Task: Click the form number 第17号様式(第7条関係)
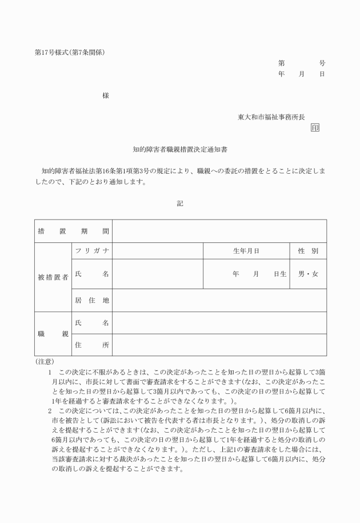pos(70,53)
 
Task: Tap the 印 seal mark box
pos(315,127)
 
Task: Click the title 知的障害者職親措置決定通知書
pos(180,150)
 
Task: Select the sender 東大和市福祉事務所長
pos(271,117)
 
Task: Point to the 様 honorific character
pos(106,95)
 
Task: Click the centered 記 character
pos(180,203)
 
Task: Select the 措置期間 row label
pos(73,231)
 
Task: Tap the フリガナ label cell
pos(91,251)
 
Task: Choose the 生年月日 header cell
pos(246,251)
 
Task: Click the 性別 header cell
pos(308,251)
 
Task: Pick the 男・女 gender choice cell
pos(308,274)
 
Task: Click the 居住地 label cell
pos(91,300)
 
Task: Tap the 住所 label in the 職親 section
pos(91,345)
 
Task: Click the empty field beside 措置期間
pos(219,231)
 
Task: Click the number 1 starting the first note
pos(50,372)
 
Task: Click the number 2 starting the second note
pos(50,410)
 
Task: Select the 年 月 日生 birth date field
pos(259,274)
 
